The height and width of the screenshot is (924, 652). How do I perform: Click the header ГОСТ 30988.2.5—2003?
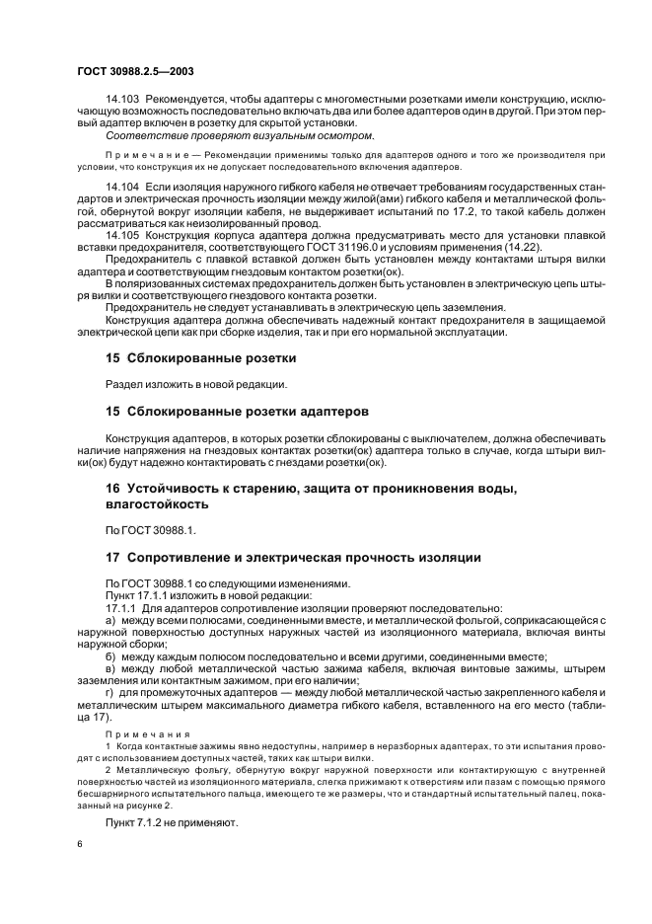point(131,70)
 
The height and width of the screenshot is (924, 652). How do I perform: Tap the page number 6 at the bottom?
point(79,844)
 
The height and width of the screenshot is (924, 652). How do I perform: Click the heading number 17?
point(112,558)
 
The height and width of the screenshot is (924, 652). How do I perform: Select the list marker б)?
point(110,656)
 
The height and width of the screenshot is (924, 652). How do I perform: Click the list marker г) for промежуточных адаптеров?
point(110,693)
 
